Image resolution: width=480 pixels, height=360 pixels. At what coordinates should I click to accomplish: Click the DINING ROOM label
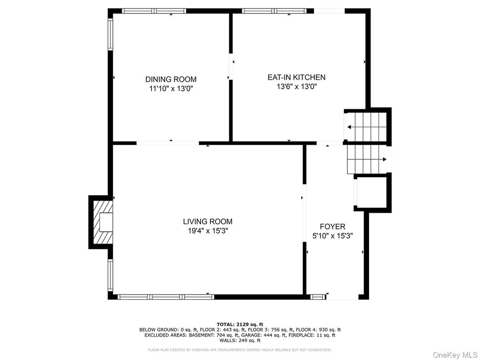coord(171,79)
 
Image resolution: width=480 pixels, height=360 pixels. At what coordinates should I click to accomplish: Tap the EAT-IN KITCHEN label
coord(296,77)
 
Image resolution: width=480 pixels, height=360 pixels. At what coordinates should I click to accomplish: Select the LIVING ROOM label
coord(208,221)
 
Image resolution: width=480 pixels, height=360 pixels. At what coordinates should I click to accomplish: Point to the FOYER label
coord(332,227)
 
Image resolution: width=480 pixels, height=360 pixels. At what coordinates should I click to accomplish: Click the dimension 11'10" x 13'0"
coord(171,89)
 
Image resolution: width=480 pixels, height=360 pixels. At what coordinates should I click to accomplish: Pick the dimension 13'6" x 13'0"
coord(296,86)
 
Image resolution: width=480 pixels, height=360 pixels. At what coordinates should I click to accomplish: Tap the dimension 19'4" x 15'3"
coord(208,231)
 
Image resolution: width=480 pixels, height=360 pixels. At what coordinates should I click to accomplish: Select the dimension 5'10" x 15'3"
coord(332,236)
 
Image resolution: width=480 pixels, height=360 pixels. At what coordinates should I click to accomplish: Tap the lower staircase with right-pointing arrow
coord(367,159)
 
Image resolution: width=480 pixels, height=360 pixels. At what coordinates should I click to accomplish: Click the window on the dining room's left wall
coord(111,34)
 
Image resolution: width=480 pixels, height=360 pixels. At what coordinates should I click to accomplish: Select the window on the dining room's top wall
coord(154,11)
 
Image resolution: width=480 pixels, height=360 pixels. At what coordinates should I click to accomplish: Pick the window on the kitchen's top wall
coord(274,11)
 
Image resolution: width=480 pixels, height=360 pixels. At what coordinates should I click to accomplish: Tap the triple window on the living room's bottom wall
coord(166,296)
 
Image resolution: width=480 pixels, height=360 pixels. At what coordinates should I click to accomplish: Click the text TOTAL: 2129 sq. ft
coord(240,324)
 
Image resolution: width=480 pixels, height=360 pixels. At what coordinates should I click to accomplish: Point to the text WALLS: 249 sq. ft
coord(240,340)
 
